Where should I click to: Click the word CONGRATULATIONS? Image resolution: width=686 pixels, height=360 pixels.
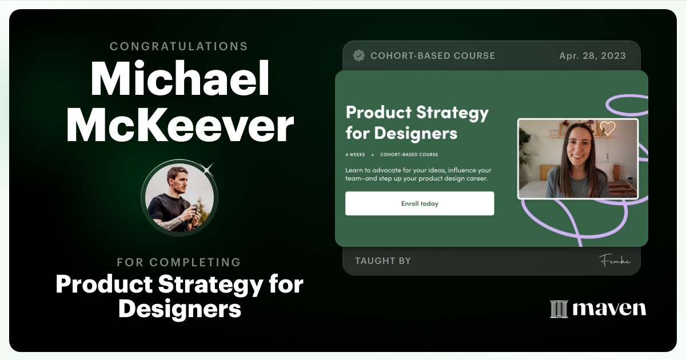(179, 46)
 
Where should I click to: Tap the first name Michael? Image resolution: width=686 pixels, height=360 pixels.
(180, 80)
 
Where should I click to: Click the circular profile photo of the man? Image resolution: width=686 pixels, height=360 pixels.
(179, 198)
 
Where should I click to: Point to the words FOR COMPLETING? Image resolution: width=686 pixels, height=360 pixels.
(179, 262)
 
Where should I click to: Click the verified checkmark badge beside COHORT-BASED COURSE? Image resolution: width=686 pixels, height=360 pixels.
(359, 55)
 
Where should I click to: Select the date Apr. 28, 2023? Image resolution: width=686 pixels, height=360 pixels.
(592, 55)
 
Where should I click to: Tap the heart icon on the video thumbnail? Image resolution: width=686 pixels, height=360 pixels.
(607, 128)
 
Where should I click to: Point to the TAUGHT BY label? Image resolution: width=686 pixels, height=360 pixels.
(383, 261)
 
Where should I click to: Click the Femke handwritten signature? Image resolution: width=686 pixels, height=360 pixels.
(615, 261)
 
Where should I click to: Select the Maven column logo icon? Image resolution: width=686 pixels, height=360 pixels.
(559, 309)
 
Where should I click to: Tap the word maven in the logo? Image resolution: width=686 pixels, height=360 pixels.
(609, 309)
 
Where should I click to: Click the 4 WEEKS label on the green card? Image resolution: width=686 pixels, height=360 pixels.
(355, 154)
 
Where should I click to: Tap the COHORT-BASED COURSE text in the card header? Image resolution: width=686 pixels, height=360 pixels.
(433, 55)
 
